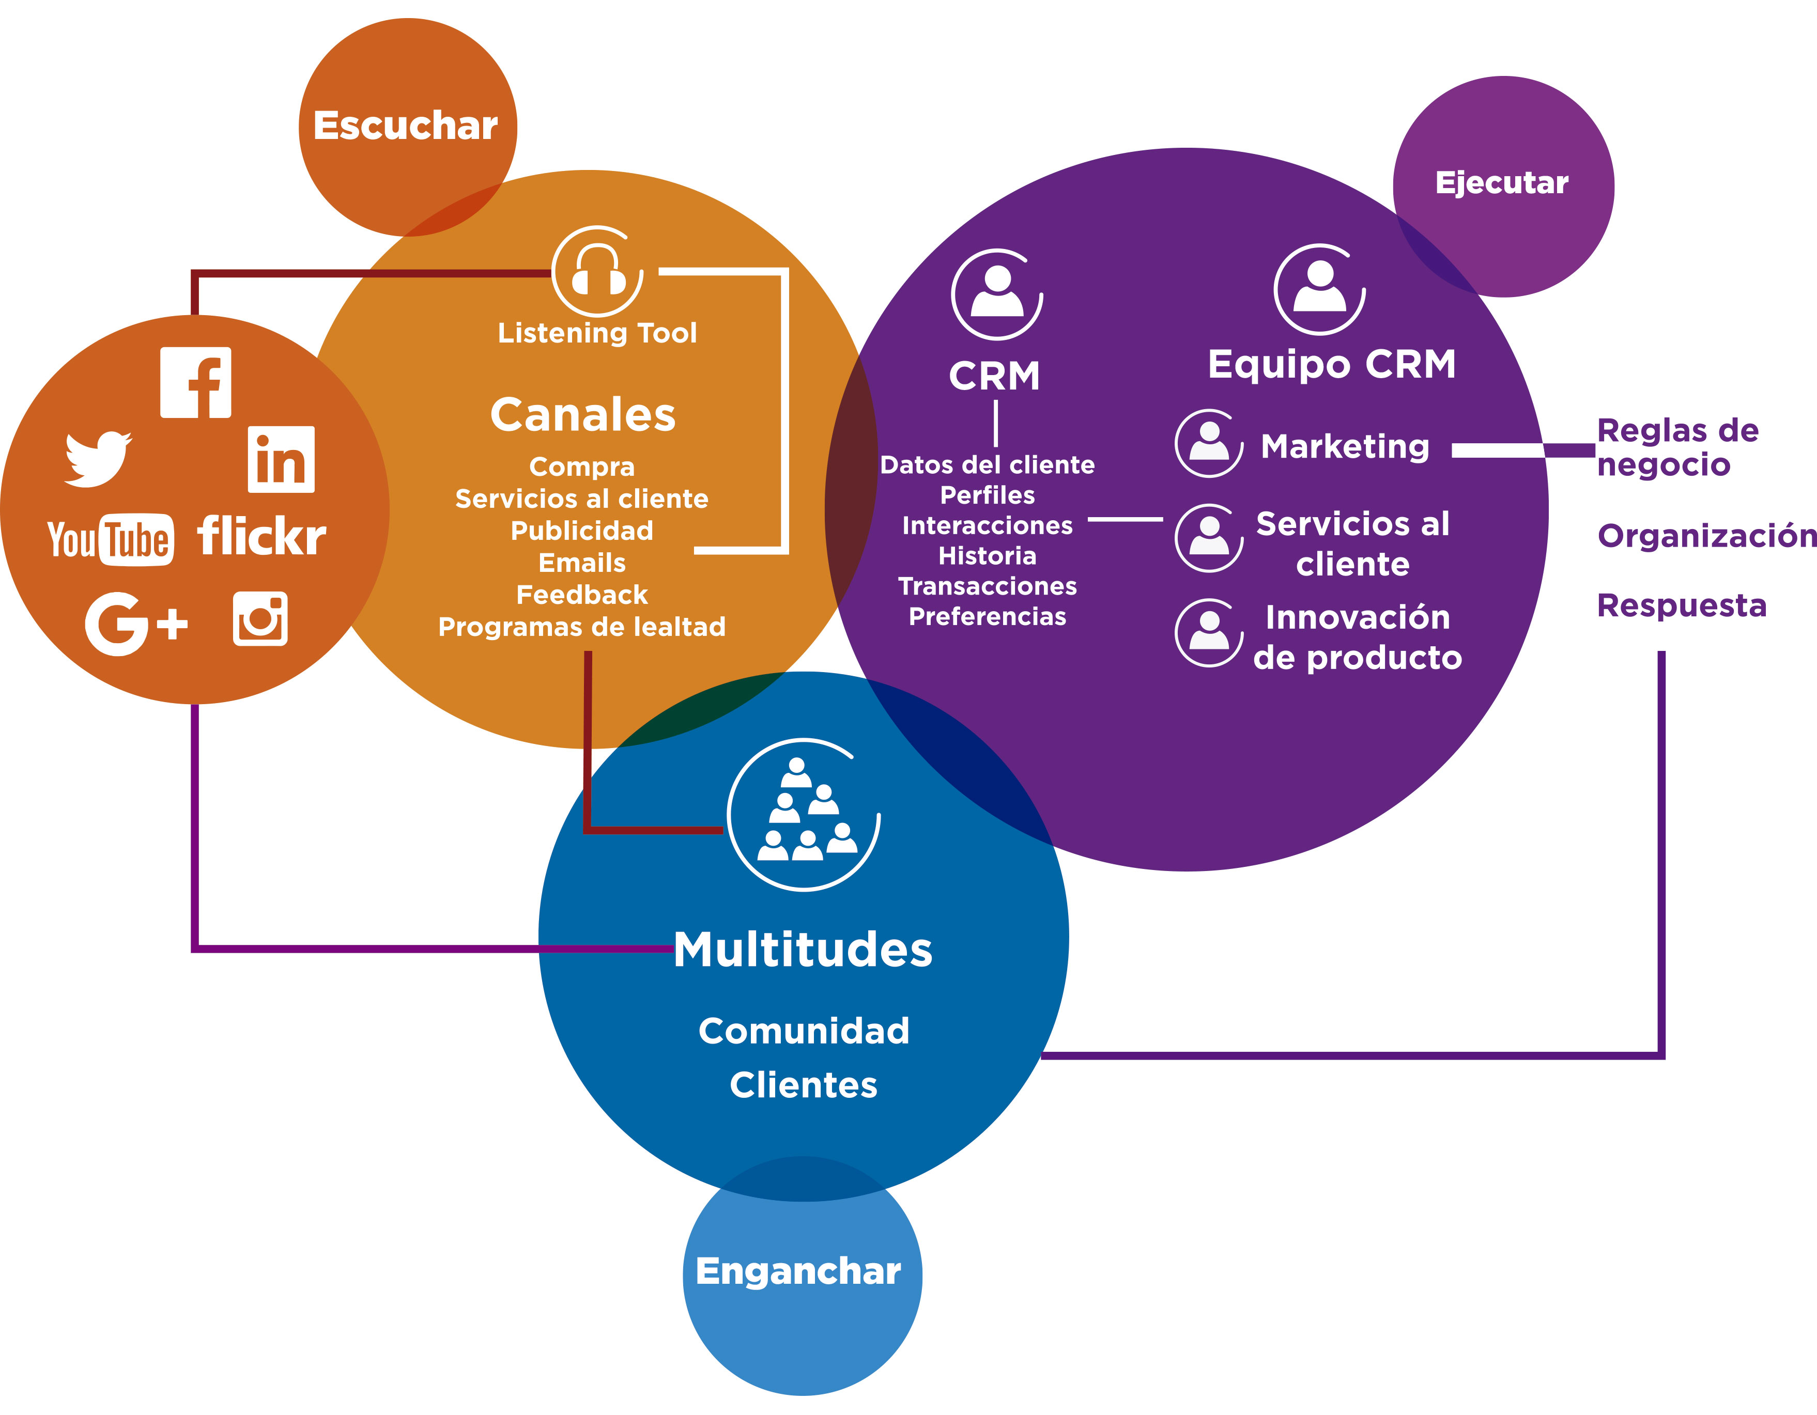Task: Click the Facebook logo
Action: [195, 383]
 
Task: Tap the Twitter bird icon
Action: [98, 458]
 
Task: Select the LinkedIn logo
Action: [281, 460]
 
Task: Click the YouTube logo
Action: [111, 540]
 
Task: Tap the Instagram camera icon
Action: [260, 619]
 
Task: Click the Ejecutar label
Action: [1502, 183]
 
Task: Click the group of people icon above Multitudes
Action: [804, 814]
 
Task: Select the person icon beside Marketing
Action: [1209, 443]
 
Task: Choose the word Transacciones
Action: [988, 586]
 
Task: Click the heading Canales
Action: [582, 414]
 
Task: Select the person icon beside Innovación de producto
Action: [1209, 633]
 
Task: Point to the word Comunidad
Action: [804, 1031]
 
